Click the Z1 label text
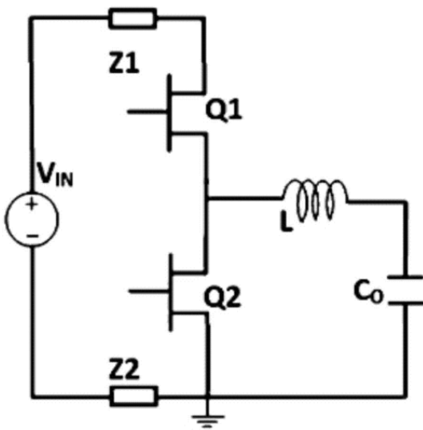point(124,64)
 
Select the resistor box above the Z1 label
point(133,18)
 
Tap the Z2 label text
point(124,369)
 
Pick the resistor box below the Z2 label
point(134,396)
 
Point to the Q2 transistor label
point(223,298)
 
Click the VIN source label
point(55,174)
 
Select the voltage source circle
point(32,219)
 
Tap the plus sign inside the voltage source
point(32,204)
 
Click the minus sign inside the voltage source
point(32,235)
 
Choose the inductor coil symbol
point(315,199)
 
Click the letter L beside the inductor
point(286,223)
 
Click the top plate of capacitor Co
point(405,277)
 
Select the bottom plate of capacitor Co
point(405,303)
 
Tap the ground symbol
point(208,421)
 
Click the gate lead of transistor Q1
point(147,111)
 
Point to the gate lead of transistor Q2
point(149,291)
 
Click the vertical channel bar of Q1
point(169,113)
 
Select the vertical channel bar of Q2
point(171,292)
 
